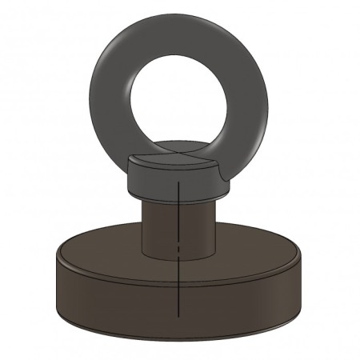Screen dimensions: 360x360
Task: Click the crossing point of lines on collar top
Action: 177,154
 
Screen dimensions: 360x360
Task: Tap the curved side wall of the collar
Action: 152,182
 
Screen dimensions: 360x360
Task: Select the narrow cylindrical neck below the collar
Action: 160,228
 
